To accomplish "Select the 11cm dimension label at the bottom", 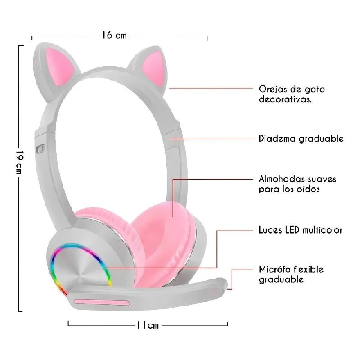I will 147,325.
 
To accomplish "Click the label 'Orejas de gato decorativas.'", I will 292,94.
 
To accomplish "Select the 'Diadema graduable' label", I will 301,139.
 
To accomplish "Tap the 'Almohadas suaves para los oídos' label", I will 297,184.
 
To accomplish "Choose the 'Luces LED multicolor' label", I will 301,230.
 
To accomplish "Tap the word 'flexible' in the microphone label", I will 307,269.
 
